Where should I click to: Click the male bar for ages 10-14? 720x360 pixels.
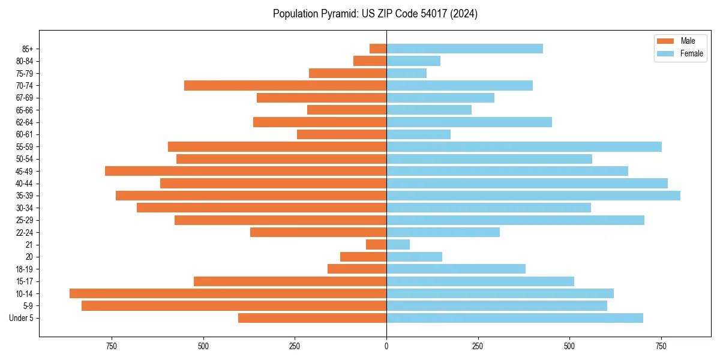pyautogui.click(x=228, y=293)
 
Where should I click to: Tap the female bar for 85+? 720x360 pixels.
pyautogui.click(x=464, y=49)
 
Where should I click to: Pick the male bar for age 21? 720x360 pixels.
pyautogui.click(x=376, y=244)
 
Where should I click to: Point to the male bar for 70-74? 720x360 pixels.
pyautogui.click(x=285, y=85)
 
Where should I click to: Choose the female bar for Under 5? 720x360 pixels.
pyautogui.click(x=514, y=318)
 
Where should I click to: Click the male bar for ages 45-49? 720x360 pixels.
pyautogui.click(x=245, y=171)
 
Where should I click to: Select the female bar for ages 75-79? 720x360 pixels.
pyautogui.click(x=406, y=73)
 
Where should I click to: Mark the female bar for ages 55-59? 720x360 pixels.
pyautogui.click(x=524, y=146)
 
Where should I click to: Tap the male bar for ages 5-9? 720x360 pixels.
pyautogui.click(x=234, y=305)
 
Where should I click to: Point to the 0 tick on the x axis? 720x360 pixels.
pyautogui.click(x=386, y=346)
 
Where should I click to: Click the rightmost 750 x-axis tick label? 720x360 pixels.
pyautogui.click(x=661, y=346)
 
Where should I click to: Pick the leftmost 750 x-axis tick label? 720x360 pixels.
pyautogui.click(x=112, y=346)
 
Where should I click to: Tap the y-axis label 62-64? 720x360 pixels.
pyautogui.click(x=25, y=122)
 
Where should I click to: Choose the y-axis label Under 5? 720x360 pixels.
pyautogui.click(x=21, y=318)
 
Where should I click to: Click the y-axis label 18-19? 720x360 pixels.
pyautogui.click(x=25, y=269)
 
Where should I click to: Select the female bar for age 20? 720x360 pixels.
pyautogui.click(x=414, y=257)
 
